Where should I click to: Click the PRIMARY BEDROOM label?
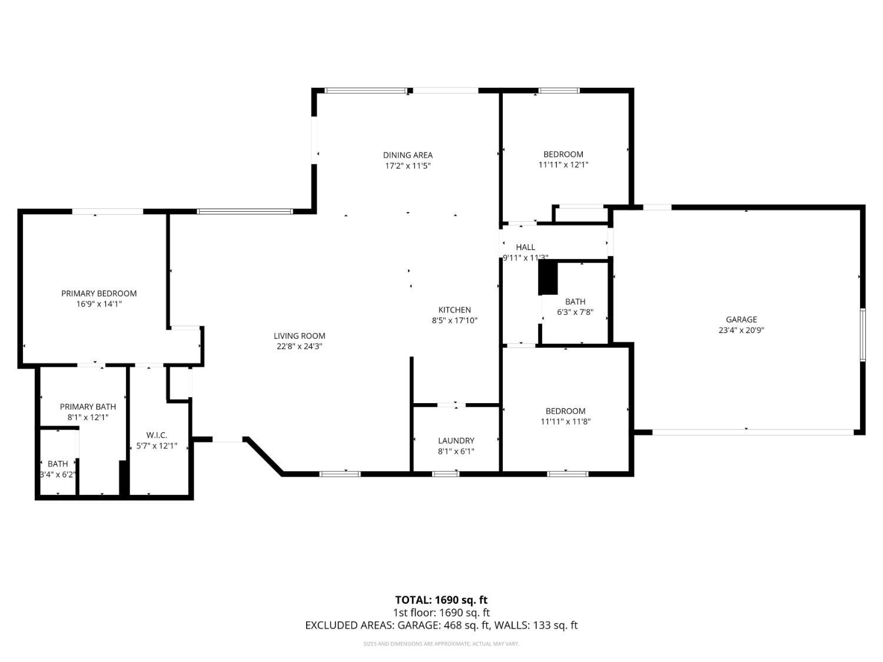(x=99, y=293)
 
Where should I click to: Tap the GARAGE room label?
(x=741, y=320)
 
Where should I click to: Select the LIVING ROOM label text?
(x=299, y=336)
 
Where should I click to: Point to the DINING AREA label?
(x=408, y=155)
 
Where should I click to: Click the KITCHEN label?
(x=454, y=310)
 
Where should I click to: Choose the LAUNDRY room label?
(x=456, y=441)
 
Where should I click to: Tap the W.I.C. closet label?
(x=157, y=435)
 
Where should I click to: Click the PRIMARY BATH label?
(x=88, y=407)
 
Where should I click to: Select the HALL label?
(x=526, y=247)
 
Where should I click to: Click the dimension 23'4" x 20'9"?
(x=741, y=330)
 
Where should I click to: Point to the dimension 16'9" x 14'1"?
(x=99, y=304)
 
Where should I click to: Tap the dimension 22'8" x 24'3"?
(x=299, y=347)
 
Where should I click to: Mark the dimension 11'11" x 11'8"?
(x=565, y=421)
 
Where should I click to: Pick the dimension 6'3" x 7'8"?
(x=575, y=312)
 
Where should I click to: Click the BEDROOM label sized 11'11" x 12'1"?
(x=563, y=154)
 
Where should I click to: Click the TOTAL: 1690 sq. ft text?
(x=441, y=600)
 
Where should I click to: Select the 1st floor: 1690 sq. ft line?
(x=441, y=613)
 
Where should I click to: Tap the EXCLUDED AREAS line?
(x=441, y=626)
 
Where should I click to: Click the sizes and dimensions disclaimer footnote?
(x=441, y=644)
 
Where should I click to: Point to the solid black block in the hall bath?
(x=548, y=278)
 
